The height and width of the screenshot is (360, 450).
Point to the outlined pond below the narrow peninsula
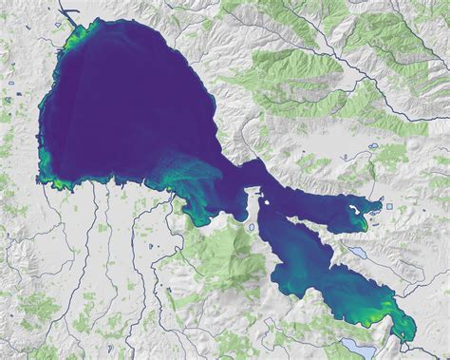pos(251,228)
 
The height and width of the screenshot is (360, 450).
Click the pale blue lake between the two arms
pos(357,254)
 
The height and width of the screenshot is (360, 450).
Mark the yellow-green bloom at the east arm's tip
pos(362,223)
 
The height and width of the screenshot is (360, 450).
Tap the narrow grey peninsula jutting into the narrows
pos(252,202)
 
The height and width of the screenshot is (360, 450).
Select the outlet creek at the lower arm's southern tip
pos(410,340)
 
